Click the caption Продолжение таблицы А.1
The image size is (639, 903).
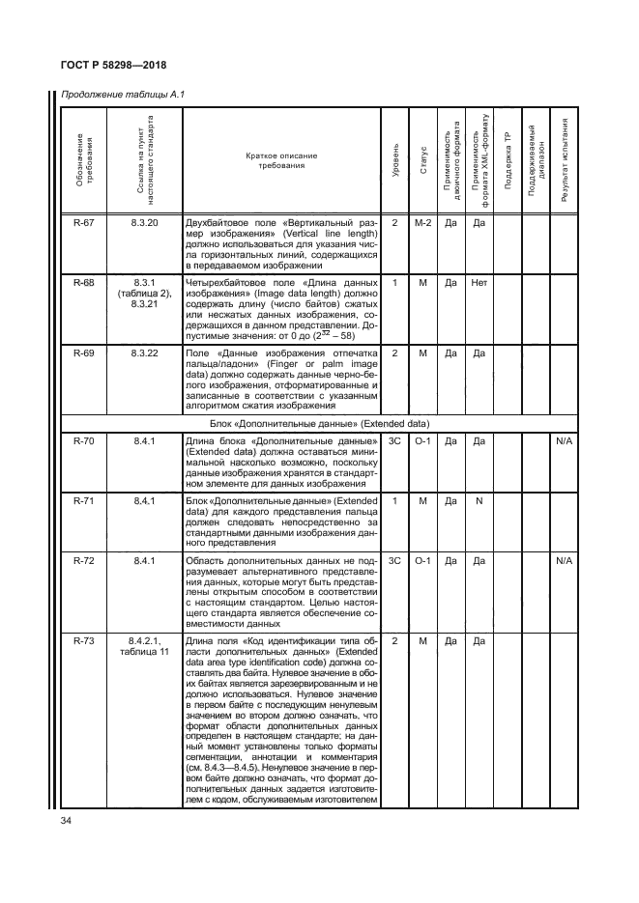[x=123, y=94]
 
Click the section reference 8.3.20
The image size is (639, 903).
[x=145, y=224]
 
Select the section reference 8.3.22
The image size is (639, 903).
[x=145, y=354]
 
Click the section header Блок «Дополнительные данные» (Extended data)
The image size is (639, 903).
[x=319, y=423]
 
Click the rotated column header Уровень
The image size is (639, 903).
[x=395, y=161]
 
